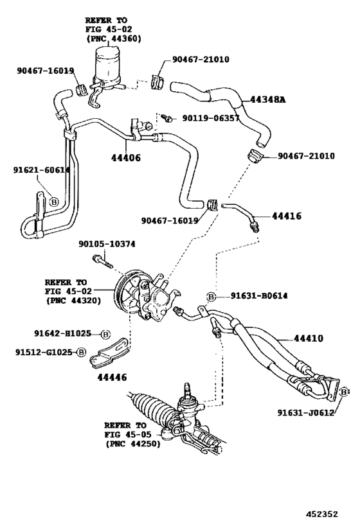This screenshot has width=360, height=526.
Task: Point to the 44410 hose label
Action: click(x=309, y=338)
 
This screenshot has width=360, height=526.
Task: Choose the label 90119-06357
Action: click(x=210, y=118)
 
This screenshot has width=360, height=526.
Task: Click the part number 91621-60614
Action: click(x=41, y=170)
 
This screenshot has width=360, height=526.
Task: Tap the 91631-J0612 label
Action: click(x=305, y=412)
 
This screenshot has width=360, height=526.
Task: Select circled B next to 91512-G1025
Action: click(x=81, y=351)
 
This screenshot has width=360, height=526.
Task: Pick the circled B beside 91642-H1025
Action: click(x=105, y=334)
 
